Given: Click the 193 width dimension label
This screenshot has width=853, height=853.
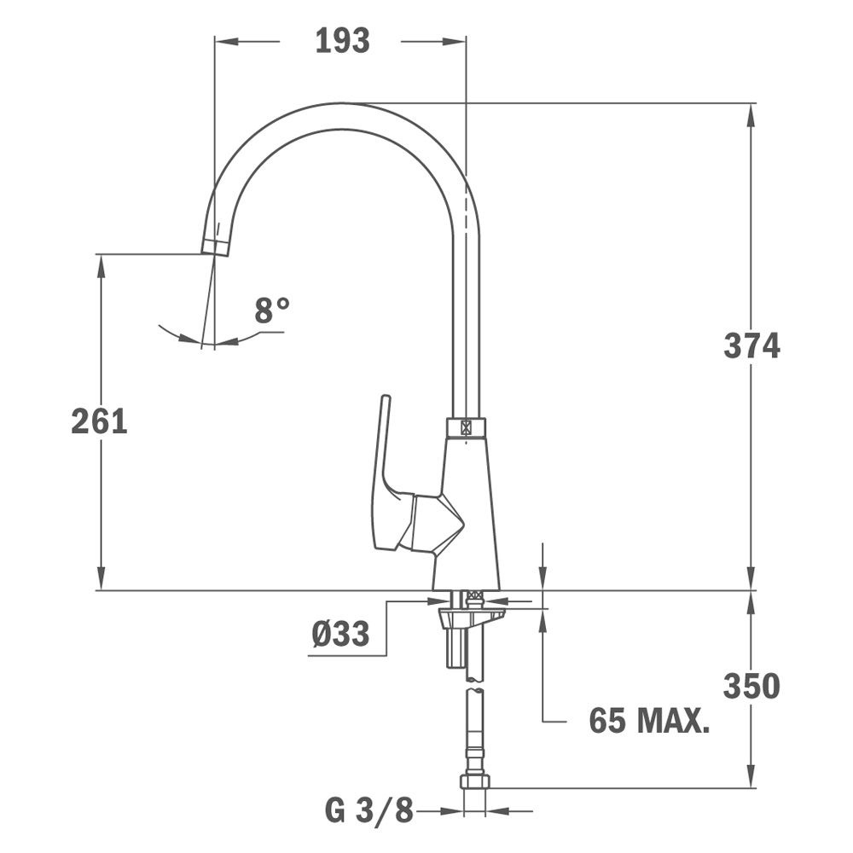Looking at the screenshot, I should tap(342, 40).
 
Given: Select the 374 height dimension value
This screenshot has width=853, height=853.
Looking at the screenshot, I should tap(751, 345).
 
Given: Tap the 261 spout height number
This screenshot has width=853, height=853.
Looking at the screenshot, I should tap(99, 421).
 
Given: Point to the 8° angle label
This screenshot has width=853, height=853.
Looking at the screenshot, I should tap(272, 310).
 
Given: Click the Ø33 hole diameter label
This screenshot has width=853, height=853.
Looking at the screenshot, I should tap(340, 634).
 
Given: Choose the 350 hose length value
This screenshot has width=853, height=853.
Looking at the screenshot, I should tap(751, 686).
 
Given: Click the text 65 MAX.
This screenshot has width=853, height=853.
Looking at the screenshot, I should tap(649, 722).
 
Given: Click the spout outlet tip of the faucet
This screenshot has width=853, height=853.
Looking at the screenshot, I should tap(216, 247).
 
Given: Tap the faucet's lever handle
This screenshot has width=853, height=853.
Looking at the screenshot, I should tap(383, 478).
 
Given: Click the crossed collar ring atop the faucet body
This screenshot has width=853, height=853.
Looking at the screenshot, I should tap(466, 427).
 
